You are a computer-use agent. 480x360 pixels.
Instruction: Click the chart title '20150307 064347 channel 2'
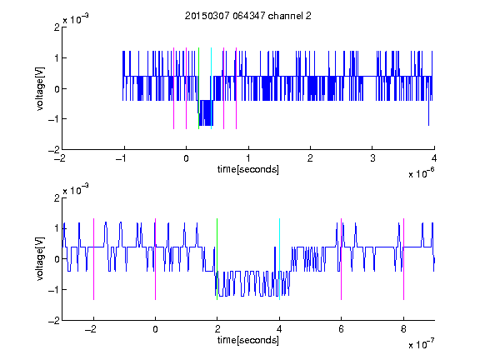(248, 16)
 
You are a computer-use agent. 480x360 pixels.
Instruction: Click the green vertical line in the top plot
(198, 88)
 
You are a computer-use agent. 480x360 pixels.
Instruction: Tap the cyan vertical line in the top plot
(211, 88)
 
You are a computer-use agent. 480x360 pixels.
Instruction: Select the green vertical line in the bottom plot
(217, 259)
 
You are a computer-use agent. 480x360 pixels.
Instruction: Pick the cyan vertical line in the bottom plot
(279, 259)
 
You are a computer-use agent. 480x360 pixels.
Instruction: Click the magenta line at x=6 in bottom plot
(342, 259)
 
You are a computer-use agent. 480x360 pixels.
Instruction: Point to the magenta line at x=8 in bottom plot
(404, 259)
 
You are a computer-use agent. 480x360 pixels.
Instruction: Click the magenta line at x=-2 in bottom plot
(93, 259)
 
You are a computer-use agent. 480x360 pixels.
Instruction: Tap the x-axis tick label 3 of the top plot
(372, 158)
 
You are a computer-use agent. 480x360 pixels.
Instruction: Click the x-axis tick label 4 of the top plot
(434, 158)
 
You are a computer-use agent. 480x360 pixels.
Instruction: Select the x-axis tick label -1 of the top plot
(122, 158)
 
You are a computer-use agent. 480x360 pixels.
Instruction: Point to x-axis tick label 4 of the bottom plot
(279, 329)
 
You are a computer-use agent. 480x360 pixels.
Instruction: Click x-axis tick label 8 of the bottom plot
(403, 329)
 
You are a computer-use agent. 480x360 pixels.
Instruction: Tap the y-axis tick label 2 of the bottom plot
(57, 197)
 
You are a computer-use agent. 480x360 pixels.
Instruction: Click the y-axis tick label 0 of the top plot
(57, 89)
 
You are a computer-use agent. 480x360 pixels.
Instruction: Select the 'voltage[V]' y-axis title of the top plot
(40, 88)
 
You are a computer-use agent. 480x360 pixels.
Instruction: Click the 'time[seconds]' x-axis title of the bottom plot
(248, 340)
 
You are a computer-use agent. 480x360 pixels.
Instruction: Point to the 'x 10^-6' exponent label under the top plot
(421, 173)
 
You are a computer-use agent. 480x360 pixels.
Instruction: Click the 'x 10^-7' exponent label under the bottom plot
(421, 344)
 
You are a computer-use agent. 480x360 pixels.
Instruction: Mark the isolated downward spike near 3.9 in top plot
(428, 112)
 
